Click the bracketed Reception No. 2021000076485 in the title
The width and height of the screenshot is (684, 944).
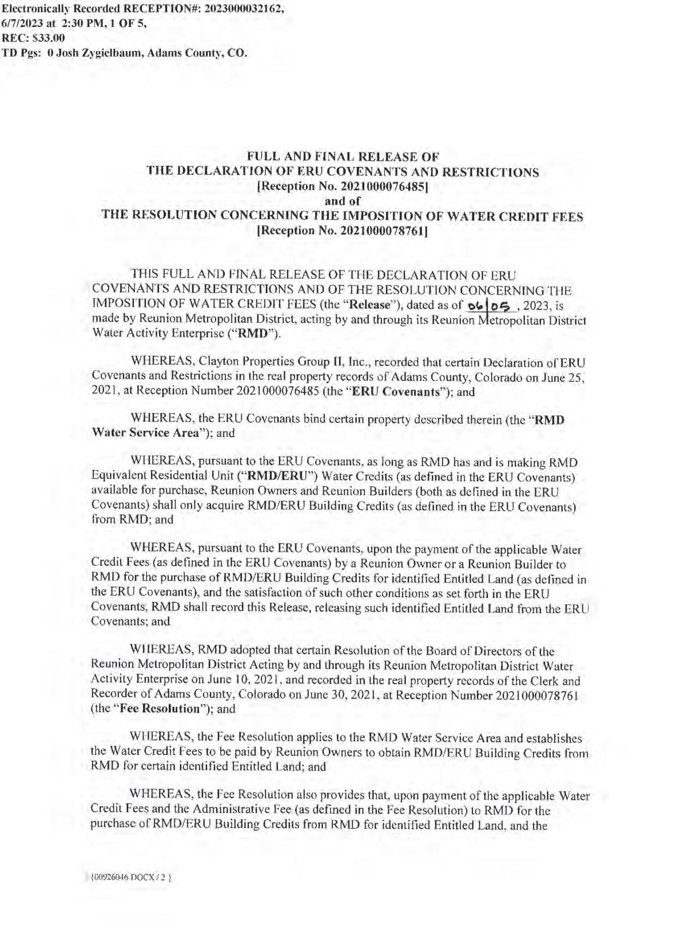click(x=343, y=186)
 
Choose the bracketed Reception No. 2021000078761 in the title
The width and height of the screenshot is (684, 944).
click(x=343, y=231)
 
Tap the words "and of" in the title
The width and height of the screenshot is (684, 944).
click(x=342, y=201)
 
